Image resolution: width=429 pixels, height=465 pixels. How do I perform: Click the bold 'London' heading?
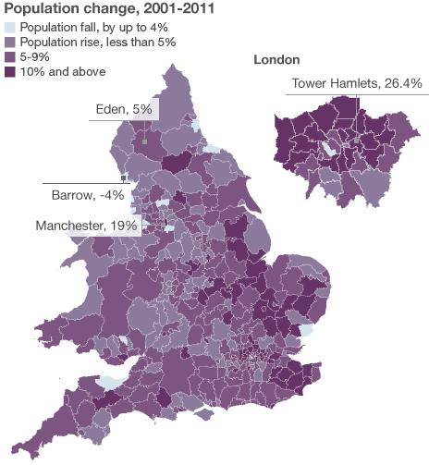click(x=276, y=60)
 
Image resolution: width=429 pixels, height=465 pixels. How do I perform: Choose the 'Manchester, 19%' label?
click(x=86, y=225)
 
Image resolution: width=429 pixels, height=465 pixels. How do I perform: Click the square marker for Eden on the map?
click(x=145, y=142)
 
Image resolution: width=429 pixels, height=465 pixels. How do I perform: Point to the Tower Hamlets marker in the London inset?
click(x=357, y=141)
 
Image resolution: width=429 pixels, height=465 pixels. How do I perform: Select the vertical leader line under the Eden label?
click(x=145, y=129)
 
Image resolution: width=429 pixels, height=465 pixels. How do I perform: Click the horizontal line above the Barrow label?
click(x=83, y=181)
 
